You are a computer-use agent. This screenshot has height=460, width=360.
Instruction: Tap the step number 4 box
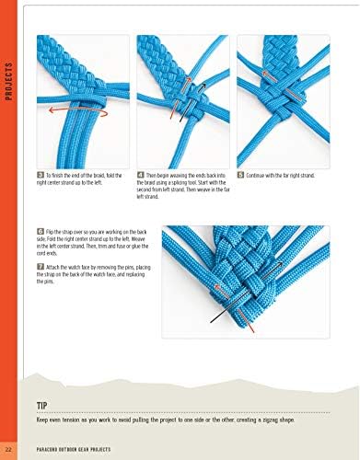140,173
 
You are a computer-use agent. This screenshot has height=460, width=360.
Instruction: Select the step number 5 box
240,173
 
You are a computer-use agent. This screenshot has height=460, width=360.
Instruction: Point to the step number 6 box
41,232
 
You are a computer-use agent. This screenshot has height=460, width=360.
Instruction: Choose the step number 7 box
41,265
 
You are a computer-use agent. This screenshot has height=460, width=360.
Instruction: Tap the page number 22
9,448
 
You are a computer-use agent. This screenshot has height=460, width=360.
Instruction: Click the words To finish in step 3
57,173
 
